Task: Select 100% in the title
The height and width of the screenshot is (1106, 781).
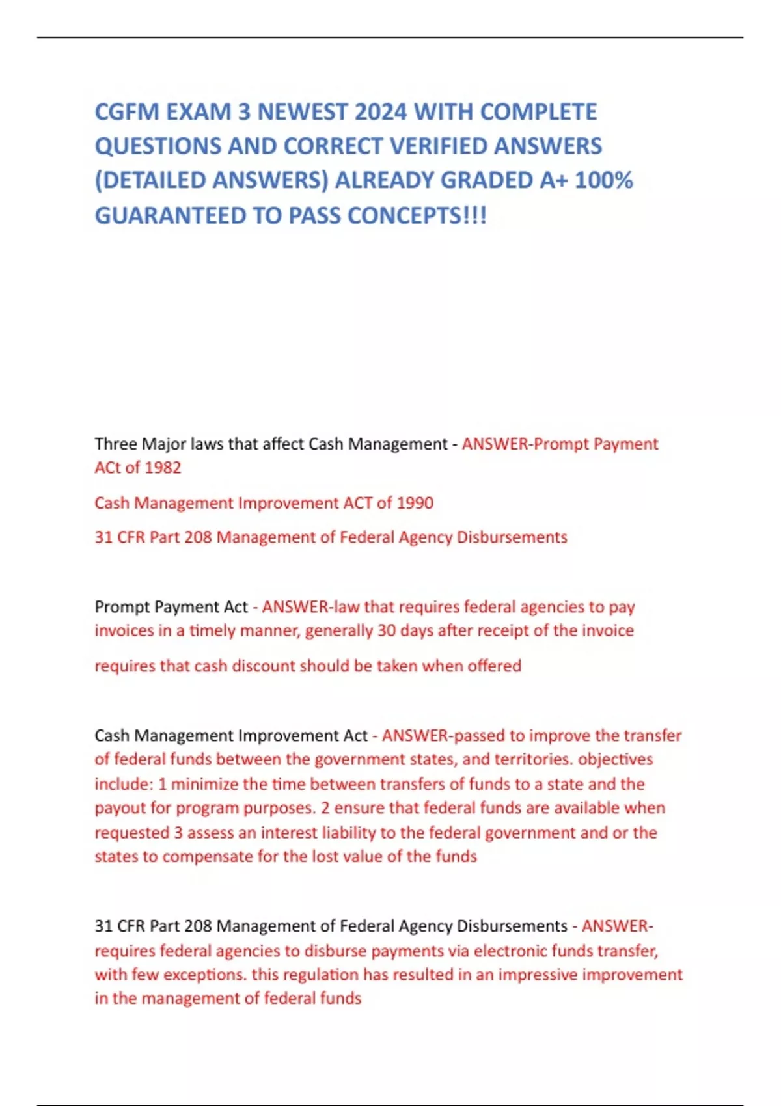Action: point(603,180)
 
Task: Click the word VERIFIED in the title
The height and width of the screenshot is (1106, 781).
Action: point(438,146)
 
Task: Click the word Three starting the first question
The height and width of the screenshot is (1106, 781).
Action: point(116,444)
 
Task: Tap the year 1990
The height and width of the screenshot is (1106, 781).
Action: point(415,503)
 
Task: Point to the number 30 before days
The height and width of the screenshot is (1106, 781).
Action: point(387,630)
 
